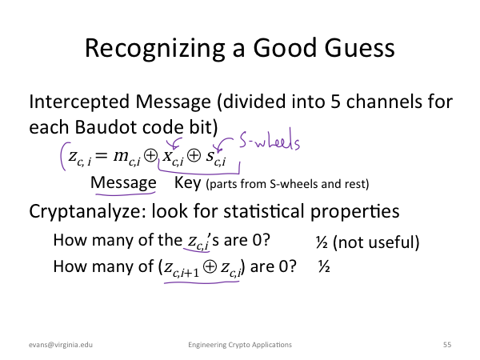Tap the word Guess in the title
pos(360,48)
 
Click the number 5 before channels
pos(335,102)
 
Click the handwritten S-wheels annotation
pos(270,141)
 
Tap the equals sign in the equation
pos(102,155)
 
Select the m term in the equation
pos(126,158)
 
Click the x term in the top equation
pos(173,158)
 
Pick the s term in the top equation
pos(216,158)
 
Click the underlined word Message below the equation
pos(123,183)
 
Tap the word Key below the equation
pos(187,183)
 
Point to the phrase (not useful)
pos(376,242)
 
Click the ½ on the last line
pos(324,266)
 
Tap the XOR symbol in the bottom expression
pos(210,266)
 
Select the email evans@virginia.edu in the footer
pos(61,345)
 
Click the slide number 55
pos(447,345)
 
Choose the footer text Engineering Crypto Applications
pos(240,345)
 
